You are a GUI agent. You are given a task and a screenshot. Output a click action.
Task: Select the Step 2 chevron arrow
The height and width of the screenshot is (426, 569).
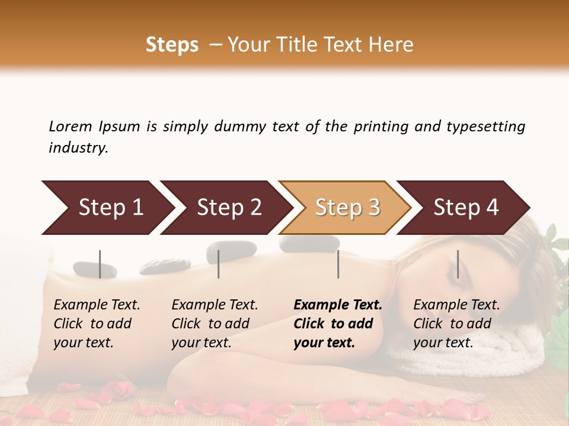point(225,208)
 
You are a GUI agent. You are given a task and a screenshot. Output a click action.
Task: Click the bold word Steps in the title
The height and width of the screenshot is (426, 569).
point(172,44)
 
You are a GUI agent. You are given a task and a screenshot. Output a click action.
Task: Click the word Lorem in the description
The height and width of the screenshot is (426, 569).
point(71,126)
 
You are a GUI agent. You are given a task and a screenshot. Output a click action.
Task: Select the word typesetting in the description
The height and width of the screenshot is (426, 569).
point(485,126)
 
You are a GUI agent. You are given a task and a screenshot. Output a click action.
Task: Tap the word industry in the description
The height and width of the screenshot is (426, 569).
point(78,147)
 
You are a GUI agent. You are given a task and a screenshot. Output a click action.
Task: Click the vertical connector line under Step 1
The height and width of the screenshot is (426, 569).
point(100,264)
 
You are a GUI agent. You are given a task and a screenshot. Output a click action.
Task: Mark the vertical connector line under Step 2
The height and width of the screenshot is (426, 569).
point(219,264)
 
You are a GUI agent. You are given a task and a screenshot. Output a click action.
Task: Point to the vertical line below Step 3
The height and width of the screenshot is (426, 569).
point(338,264)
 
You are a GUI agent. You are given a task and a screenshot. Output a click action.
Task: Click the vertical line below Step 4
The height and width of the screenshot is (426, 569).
point(458,264)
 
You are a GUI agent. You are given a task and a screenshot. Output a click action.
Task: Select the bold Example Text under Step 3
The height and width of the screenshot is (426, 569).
point(338,305)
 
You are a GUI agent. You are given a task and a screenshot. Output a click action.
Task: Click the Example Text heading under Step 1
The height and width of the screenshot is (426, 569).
point(97,305)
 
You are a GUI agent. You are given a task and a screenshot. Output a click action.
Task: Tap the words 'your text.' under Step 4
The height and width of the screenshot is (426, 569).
point(443,343)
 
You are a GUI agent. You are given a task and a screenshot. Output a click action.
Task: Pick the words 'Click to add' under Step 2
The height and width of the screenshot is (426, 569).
point(210,324)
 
